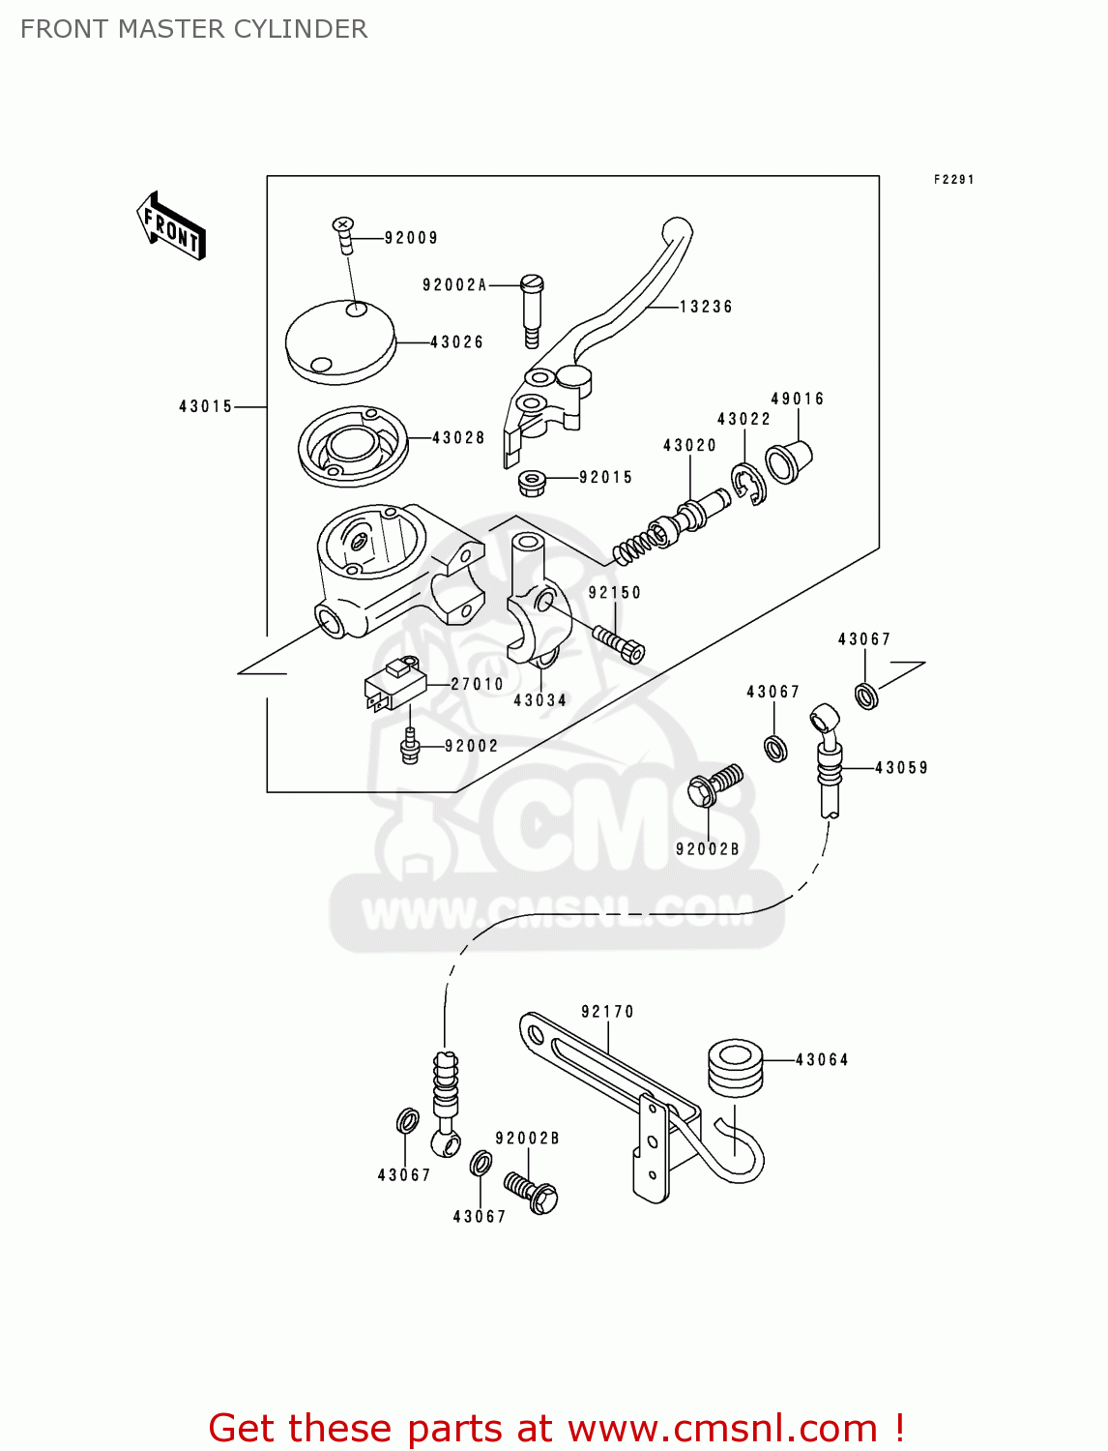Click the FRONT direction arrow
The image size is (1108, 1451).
tap(171, 226)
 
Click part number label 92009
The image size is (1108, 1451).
tap(411, 238)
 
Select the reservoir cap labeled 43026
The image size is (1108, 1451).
tap(340, 341)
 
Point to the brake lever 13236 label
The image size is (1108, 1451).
tap(706, 307)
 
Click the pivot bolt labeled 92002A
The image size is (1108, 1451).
tap(532, 310)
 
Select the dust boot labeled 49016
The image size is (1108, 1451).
tap(788, 462)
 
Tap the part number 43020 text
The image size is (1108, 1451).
tap(689, 446)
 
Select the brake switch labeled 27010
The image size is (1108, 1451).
tap(395, 685)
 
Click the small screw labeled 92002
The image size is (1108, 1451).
tap(410, 747)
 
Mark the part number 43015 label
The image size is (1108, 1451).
tap(206, 407)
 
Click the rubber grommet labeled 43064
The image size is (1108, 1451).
tap(736, 1067)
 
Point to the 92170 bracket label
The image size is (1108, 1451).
tap(607, 1012)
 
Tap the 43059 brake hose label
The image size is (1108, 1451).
tap(901, 768)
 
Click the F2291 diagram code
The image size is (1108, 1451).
tap(953, 180)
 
